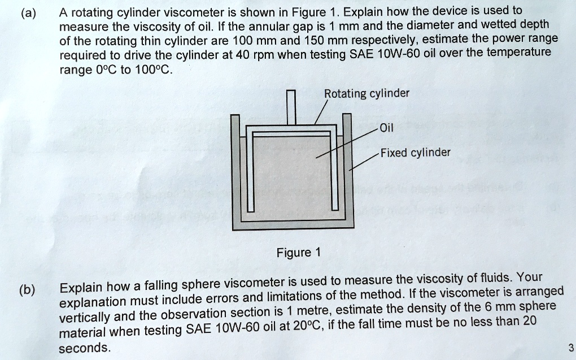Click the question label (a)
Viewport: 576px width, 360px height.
[x=28, y=12]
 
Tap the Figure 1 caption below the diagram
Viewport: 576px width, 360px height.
[x=298, y=252]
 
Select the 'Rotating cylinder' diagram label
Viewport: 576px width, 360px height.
[x=366, y=94]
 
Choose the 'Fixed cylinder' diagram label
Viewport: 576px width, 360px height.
[x=415, y=153]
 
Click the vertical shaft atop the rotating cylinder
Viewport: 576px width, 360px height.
[x=291, y=107]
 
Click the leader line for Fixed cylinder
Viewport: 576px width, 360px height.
[x=364, y=161]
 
